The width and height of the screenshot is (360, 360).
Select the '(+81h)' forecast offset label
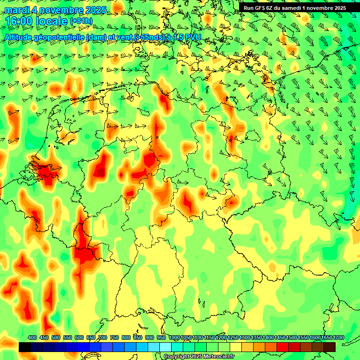[81, 21]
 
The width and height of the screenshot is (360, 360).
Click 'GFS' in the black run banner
[268, 8]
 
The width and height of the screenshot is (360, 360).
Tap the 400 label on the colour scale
[32, 337]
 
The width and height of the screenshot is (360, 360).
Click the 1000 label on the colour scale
[174, 337]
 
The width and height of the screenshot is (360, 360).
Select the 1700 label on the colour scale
[327, 337]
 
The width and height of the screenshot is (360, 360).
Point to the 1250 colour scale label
[233, 337]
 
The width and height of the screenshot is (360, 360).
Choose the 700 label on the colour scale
[103, 337]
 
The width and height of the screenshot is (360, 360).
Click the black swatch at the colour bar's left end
[25, 347]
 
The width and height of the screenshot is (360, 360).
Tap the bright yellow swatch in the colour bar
[236, 347]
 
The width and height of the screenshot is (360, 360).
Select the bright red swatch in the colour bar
[283, 347]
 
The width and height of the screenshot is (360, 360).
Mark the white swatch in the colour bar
[165, 347]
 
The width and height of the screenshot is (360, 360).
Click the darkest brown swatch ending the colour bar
[330, 347]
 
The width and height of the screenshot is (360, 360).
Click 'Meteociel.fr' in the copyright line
[218, 357]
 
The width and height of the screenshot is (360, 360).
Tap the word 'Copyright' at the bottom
[176, 357]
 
